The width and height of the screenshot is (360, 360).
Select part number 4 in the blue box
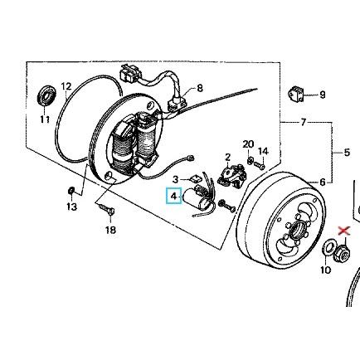[173, 197]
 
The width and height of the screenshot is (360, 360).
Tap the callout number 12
[67, 86]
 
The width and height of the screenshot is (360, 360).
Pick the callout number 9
[322, 95]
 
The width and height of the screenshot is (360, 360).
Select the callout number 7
[303, 122]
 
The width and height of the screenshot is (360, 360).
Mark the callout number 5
[347, 152]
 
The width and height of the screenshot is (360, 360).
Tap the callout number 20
[248, 144]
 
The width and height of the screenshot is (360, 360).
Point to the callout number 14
[264, 151]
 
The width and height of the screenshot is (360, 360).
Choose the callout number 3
[176, 178]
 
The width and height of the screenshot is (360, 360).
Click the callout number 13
[71, 207]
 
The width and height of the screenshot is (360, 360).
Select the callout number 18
[110, 230]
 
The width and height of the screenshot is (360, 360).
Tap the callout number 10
[325, 270]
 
